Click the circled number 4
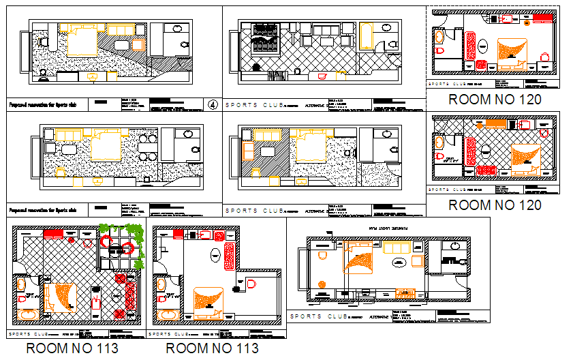[x=213, y=105]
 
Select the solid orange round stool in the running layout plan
[x=322, y=284]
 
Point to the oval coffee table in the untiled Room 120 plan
[x=483, y=46]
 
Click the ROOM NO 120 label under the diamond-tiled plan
[x=495, y=205]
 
